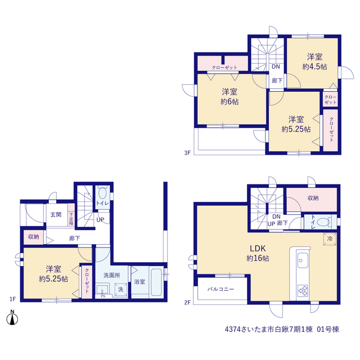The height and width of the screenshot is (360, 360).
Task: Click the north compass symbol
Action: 12,318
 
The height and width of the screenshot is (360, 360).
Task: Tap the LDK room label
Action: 258,249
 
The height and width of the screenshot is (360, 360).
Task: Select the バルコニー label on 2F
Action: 220,289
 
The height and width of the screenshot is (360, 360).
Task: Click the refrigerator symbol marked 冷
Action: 330,238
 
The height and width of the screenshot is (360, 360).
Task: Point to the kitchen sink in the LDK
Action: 303,260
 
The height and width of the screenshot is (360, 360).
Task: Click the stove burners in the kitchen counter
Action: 303,290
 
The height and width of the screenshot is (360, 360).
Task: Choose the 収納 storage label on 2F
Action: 313,198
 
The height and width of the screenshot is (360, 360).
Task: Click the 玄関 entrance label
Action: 56,215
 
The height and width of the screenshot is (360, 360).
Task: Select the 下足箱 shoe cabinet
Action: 71,219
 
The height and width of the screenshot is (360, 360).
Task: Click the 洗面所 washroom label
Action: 111,275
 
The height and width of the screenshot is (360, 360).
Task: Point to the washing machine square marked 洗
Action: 121,289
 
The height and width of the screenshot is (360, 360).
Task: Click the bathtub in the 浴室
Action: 156,282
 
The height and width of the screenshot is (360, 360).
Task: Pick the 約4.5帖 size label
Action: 314,67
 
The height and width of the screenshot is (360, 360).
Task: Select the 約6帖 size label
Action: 229,102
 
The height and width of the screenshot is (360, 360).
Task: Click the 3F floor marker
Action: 187,152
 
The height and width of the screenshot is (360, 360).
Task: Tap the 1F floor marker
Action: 12,299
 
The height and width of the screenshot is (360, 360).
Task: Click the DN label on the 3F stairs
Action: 276,66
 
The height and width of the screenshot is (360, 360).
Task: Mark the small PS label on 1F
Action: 103,296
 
